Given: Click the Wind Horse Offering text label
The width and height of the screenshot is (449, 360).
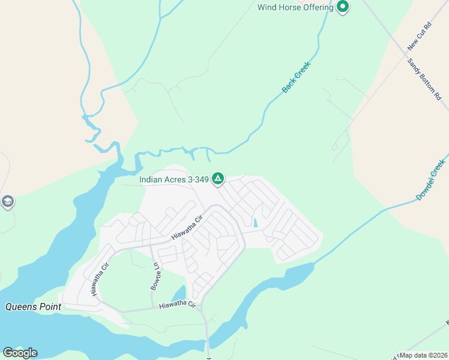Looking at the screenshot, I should pyautogui.click(x=295, y=7).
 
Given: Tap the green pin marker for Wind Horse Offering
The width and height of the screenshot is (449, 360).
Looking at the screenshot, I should pyautogui.click(x=343, y=7).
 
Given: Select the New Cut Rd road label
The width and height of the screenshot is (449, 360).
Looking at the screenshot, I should pyautogui.click(x=420, y=37).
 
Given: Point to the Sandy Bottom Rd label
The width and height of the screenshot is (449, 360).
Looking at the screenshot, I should pyautogui.click(x=424, y=79).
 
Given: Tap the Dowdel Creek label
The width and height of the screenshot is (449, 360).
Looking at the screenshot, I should pyautogui.click(x=431, y=179).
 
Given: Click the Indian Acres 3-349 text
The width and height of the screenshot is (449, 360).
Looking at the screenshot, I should pyautogui.click(x=173, y=179).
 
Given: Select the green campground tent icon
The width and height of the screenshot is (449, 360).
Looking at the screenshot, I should pyautogui.click(x=218, y=178).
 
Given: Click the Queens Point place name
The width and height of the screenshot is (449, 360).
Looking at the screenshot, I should pyautogui.click(x=34, y=307).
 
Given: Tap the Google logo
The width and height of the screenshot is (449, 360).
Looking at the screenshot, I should pyautogui.click(x=20, y=353).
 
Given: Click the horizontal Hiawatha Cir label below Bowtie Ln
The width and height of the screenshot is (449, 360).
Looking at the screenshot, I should pyautogui.click(x=178, y=305).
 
